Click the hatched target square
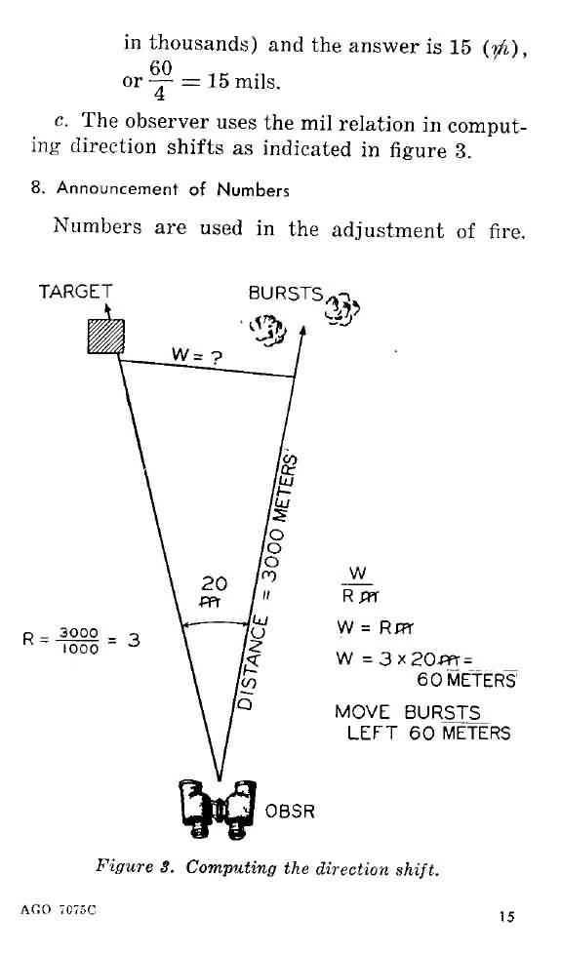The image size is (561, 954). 106,336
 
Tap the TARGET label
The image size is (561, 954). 75,292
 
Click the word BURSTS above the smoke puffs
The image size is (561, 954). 285,294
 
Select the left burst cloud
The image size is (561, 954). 267,330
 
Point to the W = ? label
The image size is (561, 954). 197,356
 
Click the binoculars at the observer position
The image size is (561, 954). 219,810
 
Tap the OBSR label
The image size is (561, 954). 290,811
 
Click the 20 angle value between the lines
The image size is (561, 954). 214,584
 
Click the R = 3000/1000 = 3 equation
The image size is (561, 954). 81,640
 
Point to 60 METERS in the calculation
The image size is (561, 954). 466,680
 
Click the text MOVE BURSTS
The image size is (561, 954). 408,712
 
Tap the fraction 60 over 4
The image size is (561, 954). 161,81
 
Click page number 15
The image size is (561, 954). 506,916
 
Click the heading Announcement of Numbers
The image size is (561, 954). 173,189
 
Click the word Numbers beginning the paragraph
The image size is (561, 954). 98,227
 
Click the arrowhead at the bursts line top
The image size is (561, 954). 303,332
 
